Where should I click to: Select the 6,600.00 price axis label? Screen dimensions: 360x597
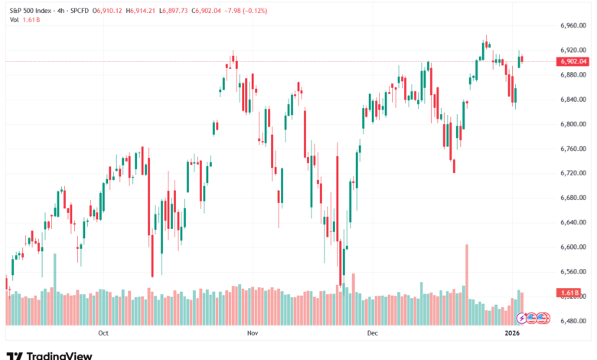click(573, 247)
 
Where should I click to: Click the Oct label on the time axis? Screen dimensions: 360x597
click(104, 334)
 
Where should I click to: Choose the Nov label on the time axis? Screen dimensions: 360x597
click(252, 334)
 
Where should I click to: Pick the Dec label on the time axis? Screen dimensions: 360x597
click(373, 334)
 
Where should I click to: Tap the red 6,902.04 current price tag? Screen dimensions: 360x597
click(573, 61)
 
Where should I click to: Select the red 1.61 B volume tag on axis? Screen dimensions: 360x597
click(569, 293)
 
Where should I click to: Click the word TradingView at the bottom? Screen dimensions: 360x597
click(59, 355)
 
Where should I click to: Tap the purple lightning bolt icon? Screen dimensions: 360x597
click(522, 317)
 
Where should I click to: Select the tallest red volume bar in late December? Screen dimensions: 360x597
click(465, 283)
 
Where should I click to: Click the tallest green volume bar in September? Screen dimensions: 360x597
click(54, 287)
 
